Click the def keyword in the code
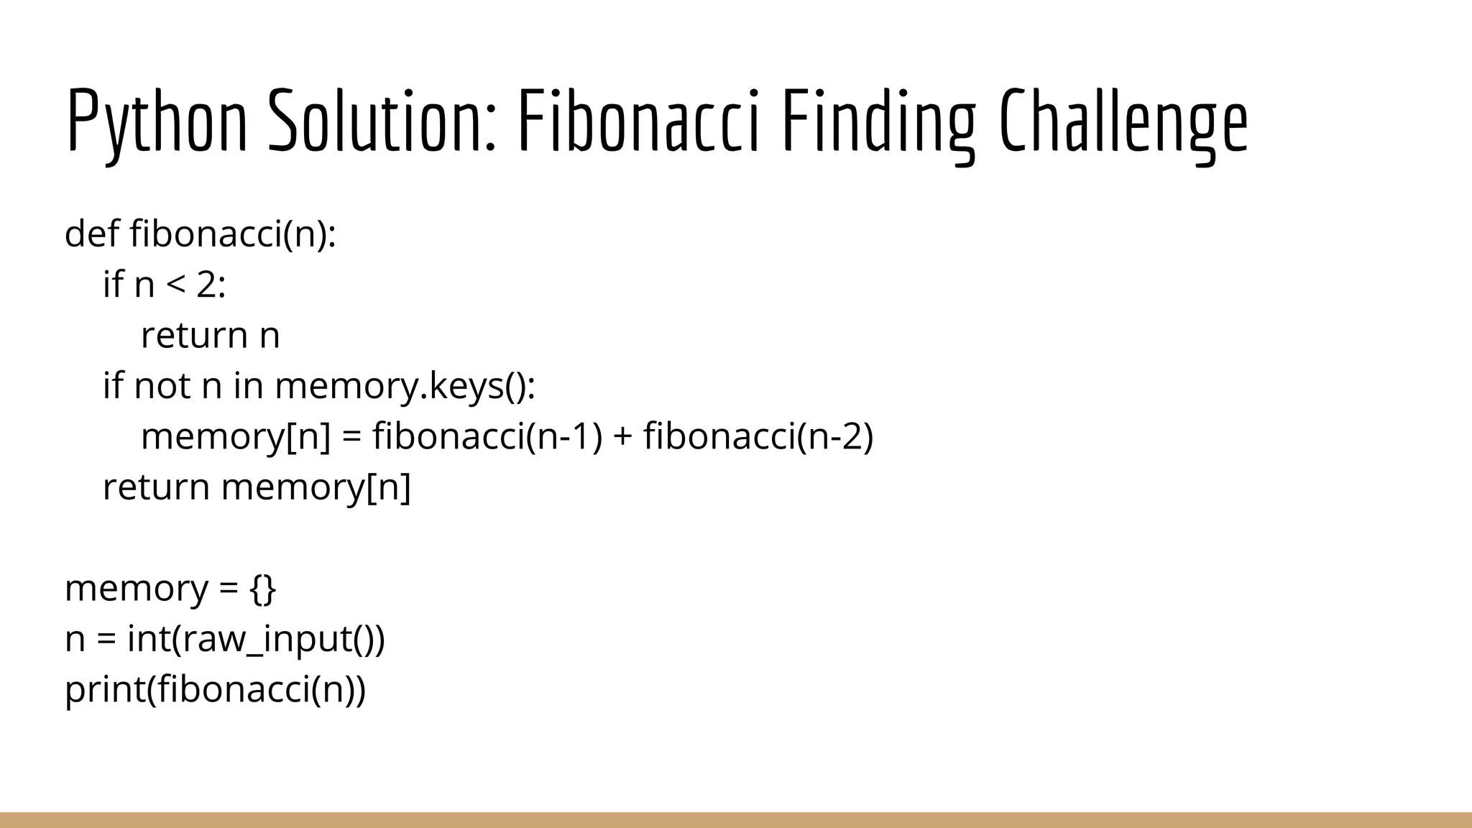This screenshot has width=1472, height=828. (91, 234)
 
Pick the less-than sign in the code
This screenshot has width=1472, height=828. (176, 285)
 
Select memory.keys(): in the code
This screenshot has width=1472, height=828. (405, 385)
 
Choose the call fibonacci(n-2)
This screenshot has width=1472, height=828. (758, 436)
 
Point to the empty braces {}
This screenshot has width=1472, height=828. (263, 589)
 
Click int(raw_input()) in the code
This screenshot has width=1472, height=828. (256, 639)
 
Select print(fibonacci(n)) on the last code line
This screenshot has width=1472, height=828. (215, 689)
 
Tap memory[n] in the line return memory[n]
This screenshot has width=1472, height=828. (316, 487)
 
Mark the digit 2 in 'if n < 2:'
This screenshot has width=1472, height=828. (206, 285)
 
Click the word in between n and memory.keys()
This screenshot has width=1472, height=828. (248, 385)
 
